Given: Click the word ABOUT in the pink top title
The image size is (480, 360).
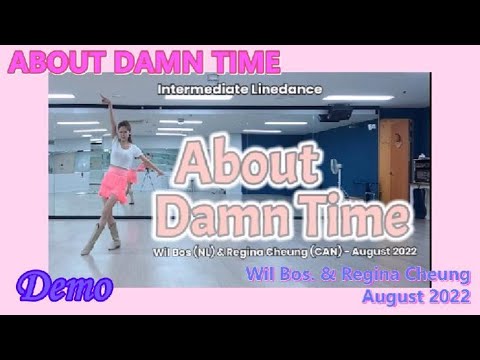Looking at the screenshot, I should tap(51, 62).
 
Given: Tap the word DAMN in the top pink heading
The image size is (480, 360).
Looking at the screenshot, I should tap(148, 62).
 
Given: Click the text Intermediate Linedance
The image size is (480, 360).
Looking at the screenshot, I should tap(239, 89).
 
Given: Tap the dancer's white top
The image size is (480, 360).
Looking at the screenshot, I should tap(126, 155).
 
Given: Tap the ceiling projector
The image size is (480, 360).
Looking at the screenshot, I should tap(334, 114).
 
